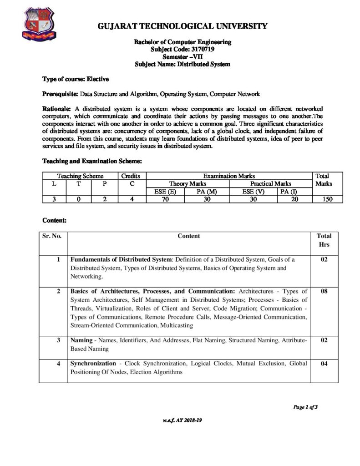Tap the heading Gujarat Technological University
pos(183,26)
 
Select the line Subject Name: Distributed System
pos(183,64)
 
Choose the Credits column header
pos(132,176)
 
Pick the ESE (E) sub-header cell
pos(165,191)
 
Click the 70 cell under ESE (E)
pos(165,199)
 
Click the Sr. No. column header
pos(52,236)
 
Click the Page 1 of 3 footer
pos(305,407)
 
